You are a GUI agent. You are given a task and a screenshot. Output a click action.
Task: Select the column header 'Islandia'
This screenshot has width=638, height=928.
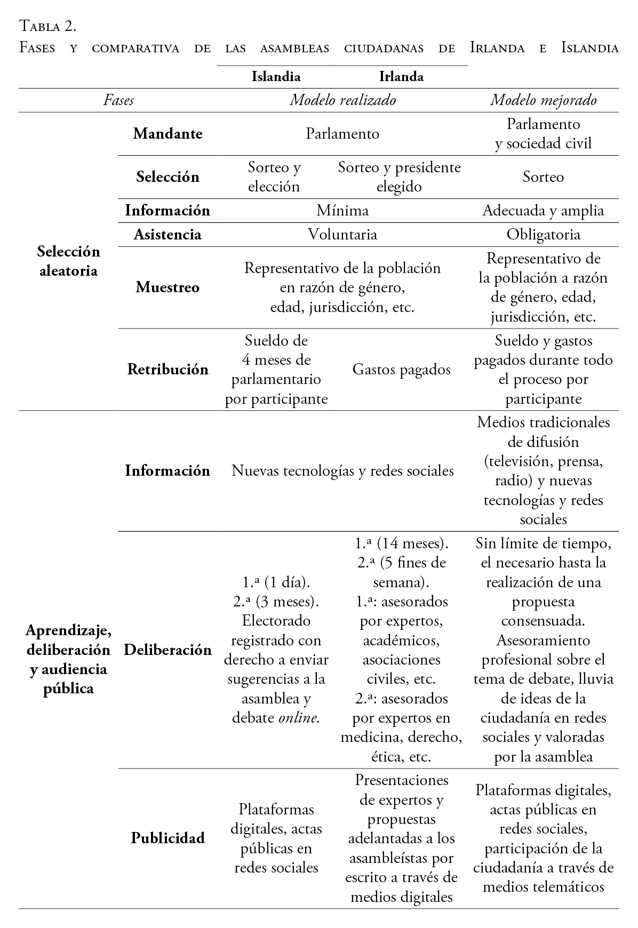point(276,77)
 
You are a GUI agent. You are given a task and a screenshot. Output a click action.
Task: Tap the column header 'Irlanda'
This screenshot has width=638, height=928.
point(401,77)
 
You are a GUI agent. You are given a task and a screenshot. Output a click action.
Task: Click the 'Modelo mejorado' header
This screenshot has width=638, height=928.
point(543,100)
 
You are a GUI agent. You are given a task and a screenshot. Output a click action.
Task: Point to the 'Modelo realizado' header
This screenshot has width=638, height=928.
point(342,100)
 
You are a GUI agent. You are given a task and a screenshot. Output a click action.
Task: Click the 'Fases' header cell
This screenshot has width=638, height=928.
point(118,100)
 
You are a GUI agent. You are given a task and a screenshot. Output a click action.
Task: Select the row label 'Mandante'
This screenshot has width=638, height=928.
point(168,133)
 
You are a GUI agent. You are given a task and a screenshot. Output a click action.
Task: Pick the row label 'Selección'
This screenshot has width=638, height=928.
point(168,177)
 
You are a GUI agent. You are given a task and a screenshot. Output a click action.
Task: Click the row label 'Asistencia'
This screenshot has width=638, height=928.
point(168,235)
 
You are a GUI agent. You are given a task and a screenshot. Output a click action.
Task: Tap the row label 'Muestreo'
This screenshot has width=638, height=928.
point(168,287)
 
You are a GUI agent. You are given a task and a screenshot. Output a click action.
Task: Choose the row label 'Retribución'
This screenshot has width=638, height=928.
point(168,370)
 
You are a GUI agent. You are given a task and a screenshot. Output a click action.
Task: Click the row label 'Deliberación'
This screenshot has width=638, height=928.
point(168,650)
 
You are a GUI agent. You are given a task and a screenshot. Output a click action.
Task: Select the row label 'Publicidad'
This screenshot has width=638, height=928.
point(168,838)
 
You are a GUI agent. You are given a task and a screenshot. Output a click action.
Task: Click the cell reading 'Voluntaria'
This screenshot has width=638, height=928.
point(342,235)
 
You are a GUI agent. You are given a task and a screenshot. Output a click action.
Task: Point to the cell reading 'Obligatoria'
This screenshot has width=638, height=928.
point(543,235)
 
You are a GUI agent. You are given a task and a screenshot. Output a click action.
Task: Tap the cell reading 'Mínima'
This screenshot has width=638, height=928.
point(342,211)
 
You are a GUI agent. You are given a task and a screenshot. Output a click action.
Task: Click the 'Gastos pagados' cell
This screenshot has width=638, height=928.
point(401,370)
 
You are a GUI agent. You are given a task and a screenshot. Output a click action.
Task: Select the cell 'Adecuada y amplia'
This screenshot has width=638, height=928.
point(543,211)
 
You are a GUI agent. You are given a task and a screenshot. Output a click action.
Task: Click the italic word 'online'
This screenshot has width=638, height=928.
point(298,718)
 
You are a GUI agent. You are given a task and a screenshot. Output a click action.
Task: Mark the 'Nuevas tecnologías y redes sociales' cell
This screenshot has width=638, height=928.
point(342,471)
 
